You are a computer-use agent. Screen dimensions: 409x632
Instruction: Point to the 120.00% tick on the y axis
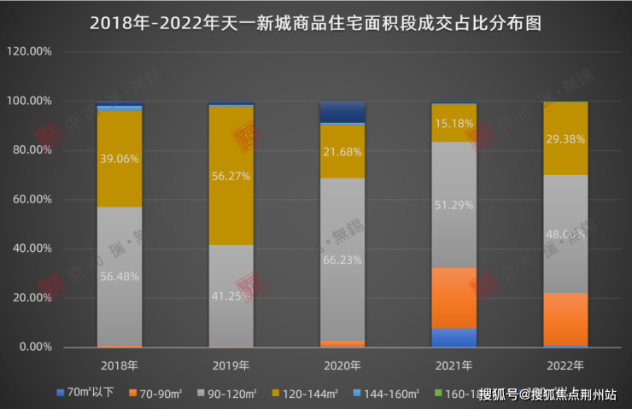[30, 51]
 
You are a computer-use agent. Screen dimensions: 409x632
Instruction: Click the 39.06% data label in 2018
[120, 159]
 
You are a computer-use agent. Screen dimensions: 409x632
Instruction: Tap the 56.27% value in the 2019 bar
[231, 179]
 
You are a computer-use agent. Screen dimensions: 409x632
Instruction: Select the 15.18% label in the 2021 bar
[454, 124]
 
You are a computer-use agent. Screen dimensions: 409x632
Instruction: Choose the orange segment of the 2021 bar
[454, 298]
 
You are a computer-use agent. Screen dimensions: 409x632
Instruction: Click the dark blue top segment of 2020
[342, 112]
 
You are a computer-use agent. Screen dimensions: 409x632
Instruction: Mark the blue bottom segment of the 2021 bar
[454, 338]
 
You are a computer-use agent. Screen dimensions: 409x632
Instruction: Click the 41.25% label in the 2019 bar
[231, 295]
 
